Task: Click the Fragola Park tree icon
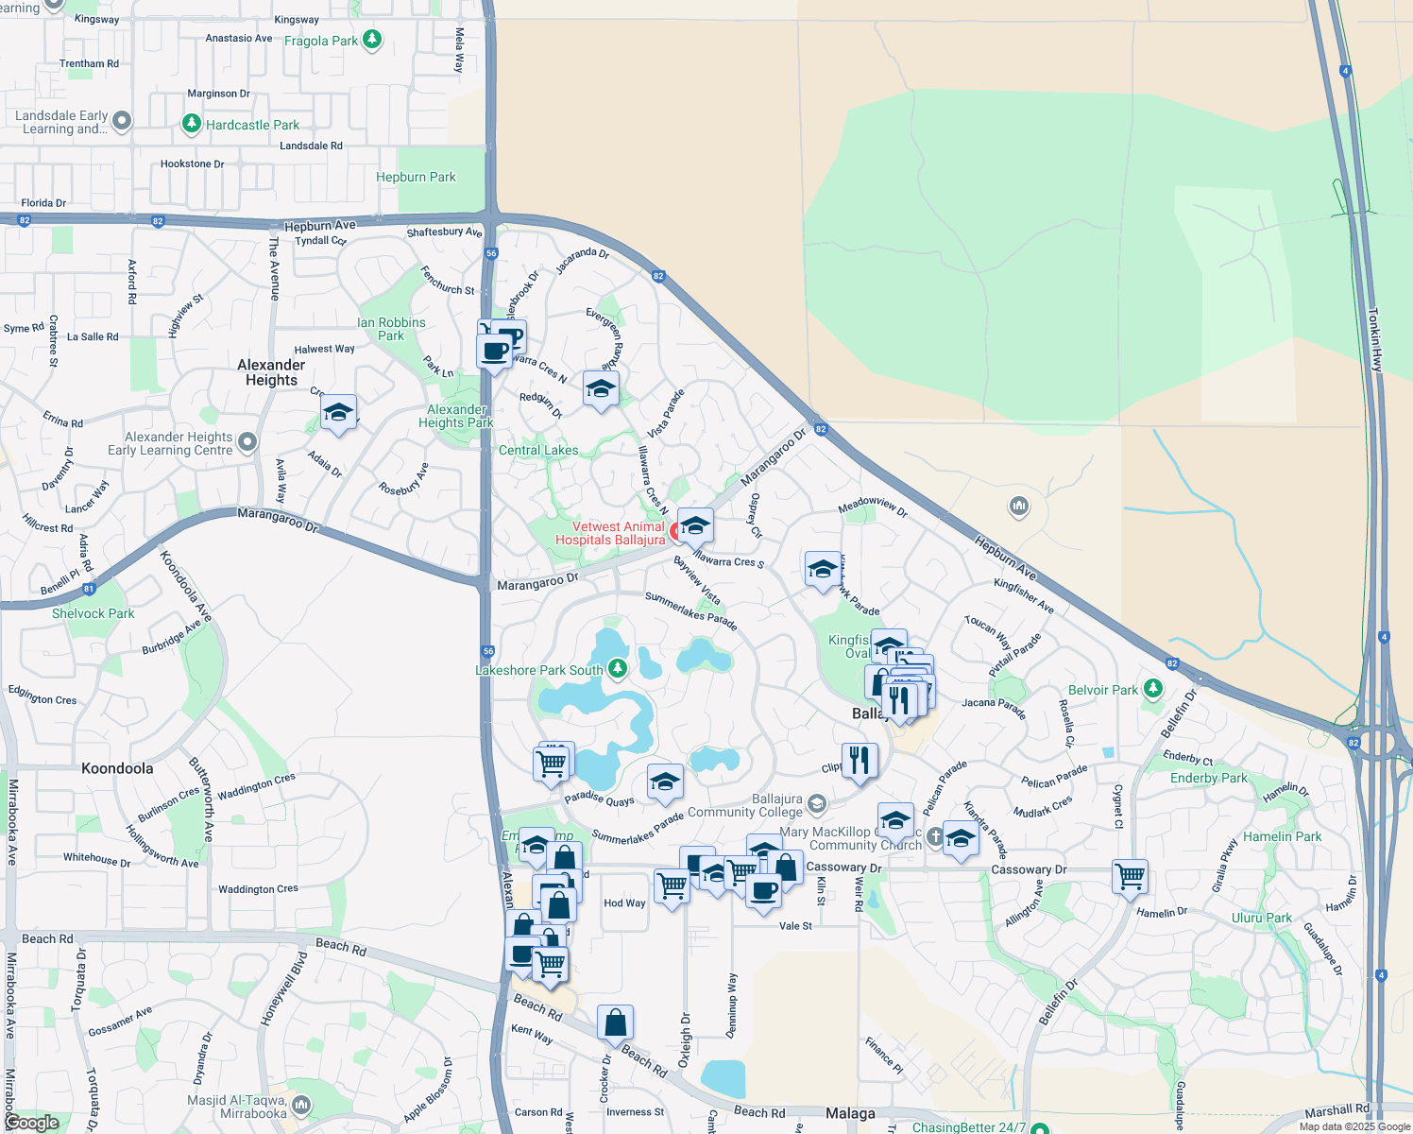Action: (x=372, y=40)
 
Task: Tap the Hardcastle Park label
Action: (x=252, y=125)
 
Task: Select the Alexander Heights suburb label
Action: (x=271, y=372)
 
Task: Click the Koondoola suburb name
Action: (x=117, y=768)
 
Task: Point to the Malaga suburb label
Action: (x=850, y=1113)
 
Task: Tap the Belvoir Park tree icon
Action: (x=1152, y=689)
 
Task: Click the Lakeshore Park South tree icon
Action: (x=618, y=669)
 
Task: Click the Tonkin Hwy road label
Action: (x=1375, y=338)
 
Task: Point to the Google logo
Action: (x=31, y=1123)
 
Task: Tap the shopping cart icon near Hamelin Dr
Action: (x=1130, y=877)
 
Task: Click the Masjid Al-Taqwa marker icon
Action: (x=301, y=1104)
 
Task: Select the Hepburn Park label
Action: (x=416, y=177)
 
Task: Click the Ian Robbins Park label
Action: (x=391, y=329)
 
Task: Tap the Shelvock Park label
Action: (x=93, y=613)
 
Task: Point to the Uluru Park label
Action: (x=1262, y=918)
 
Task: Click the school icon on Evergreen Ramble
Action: (x=601, y=388)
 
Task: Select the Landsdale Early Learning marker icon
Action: (x=122, y=121)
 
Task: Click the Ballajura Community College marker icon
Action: (x=817, y=804)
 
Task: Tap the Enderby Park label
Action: (x=1209, y=778)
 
